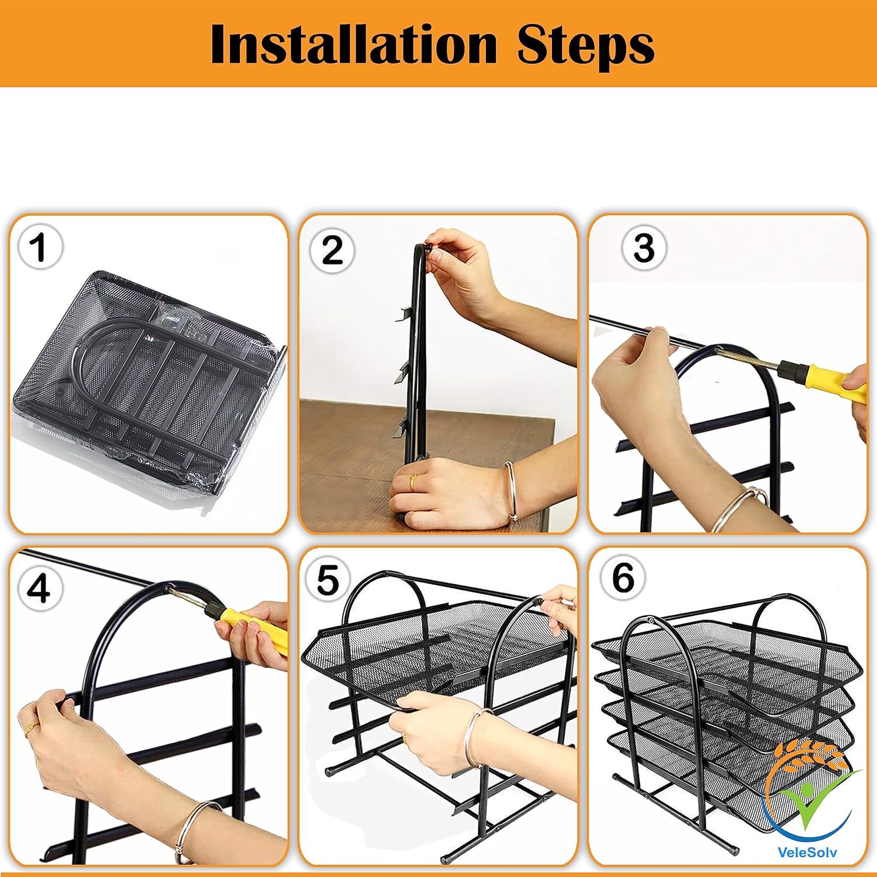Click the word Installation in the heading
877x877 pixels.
353,44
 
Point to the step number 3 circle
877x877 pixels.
644,247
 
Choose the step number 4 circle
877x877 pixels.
39,588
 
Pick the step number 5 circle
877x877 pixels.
327,581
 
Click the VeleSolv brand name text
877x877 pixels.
807,851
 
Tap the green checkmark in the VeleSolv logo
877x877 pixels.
813,801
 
